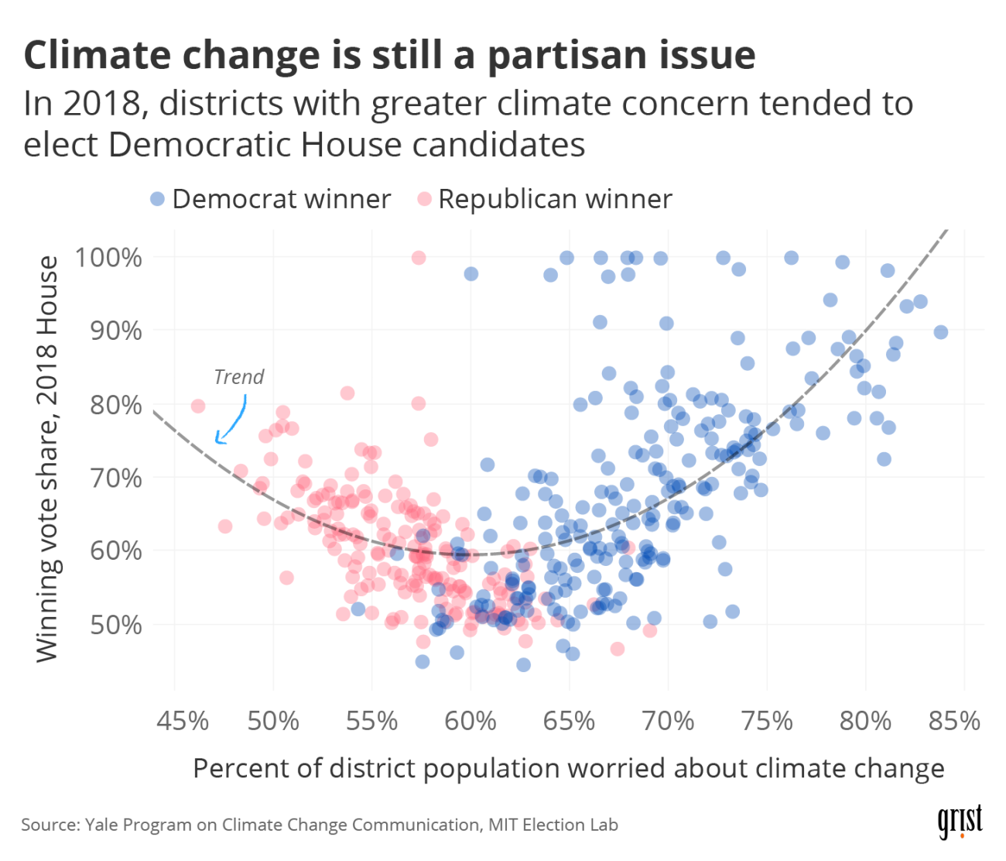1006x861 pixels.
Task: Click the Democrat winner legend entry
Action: tap(271, 199)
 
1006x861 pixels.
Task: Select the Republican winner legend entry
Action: tap(545, 199)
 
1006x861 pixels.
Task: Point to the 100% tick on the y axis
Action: tap(108, 257)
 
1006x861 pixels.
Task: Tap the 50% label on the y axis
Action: tap(116, 625)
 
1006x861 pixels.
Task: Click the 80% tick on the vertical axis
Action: tap(116, 404)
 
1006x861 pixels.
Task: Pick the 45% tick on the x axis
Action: tap(183, 722)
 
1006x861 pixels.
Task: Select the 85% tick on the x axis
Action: tap(955, 722)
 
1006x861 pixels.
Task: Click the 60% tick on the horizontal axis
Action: tap(470, 722)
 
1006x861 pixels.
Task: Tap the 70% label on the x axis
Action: tap(668, 722)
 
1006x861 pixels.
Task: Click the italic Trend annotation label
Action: tap(238, 377)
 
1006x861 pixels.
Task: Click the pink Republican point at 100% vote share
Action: tap(419, 258)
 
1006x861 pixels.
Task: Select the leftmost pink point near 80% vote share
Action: tap(198, 406)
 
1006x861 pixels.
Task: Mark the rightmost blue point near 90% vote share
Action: tap(941, 332)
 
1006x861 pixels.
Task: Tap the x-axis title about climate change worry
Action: tap(568, 769)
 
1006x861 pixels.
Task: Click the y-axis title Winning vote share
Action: tap(48, 458)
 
